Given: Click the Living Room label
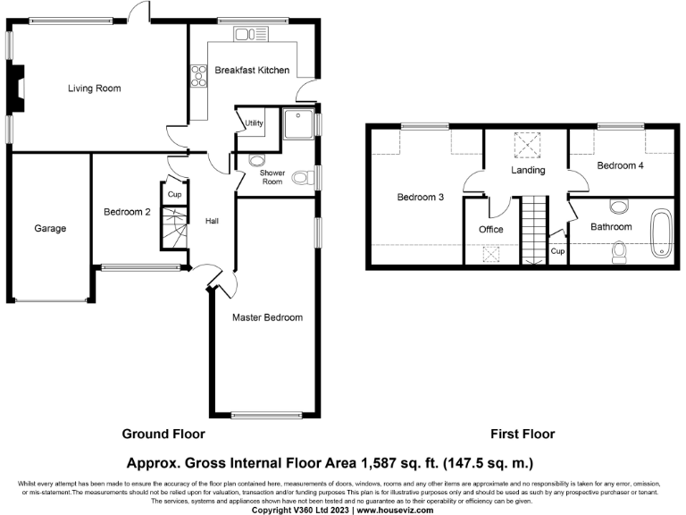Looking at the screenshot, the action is (x=94, y=88).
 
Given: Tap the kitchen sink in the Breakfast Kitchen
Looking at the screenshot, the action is (x=251, y=34).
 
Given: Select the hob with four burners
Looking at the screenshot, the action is (x=198, y=76).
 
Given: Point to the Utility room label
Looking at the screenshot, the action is (x=254, y=123).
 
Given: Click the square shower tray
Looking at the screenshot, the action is (x=298, y=124).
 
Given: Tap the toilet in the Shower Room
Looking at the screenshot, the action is (x=303, y=178).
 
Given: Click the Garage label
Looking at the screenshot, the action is (x=50, y=228).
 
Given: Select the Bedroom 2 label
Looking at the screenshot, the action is (x=127, y=212).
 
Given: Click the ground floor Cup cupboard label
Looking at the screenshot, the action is (x=174, y=194).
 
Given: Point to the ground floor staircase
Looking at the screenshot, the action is (x=174, y=228).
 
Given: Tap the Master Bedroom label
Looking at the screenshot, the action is (x=267, y=317).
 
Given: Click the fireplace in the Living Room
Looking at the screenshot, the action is (x=18, y=89).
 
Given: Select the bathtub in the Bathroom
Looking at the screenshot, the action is (x=661, y=232).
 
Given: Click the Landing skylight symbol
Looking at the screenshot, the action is (x=527, y=145).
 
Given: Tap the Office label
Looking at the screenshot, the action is (x=491, y=230).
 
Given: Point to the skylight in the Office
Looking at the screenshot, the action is (x=490, y=254).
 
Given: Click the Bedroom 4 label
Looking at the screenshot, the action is (x=620, y=165).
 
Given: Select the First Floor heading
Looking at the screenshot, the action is (x=523, y=434).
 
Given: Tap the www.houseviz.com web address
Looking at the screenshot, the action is (x=395, y=511).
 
